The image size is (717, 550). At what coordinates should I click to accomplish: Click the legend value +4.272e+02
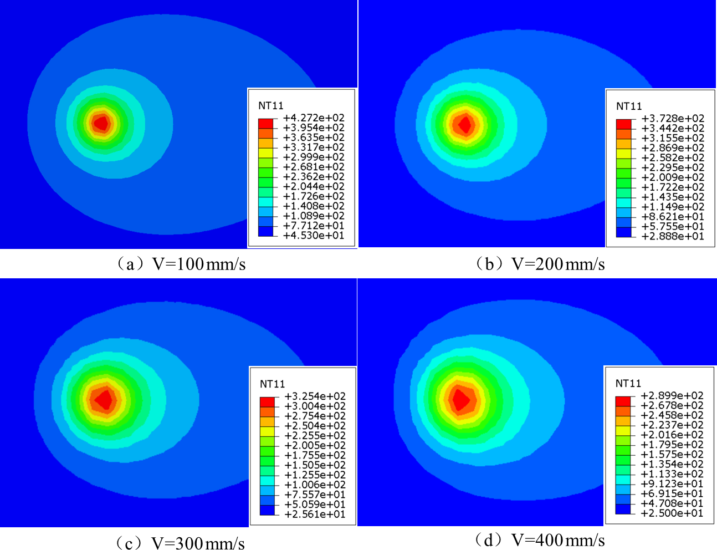(314, 118)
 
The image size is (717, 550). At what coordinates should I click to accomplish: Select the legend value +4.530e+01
(314, 236)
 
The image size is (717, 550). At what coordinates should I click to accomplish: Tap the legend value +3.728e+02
(673, 119)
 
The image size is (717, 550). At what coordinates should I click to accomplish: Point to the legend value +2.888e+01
(673, 236)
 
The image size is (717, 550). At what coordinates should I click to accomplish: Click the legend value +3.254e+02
(315, 396)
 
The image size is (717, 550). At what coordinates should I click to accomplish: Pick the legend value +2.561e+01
(315, 514)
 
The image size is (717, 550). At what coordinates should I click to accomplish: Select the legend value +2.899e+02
(672, 396)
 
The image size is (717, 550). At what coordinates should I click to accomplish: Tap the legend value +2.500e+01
(672, 513)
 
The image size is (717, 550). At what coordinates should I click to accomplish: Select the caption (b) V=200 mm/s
(540, 264)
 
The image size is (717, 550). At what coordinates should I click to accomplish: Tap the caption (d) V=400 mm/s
(540, 539)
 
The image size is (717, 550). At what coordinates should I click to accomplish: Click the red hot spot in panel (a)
(101, 123)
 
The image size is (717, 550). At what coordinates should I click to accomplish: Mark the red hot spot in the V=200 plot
(464, 124)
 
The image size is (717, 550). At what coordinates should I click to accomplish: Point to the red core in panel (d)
(460, 399)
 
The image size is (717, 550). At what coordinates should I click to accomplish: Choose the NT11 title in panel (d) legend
(628, 384)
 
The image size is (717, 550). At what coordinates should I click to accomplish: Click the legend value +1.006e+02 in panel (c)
(315, 485)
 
